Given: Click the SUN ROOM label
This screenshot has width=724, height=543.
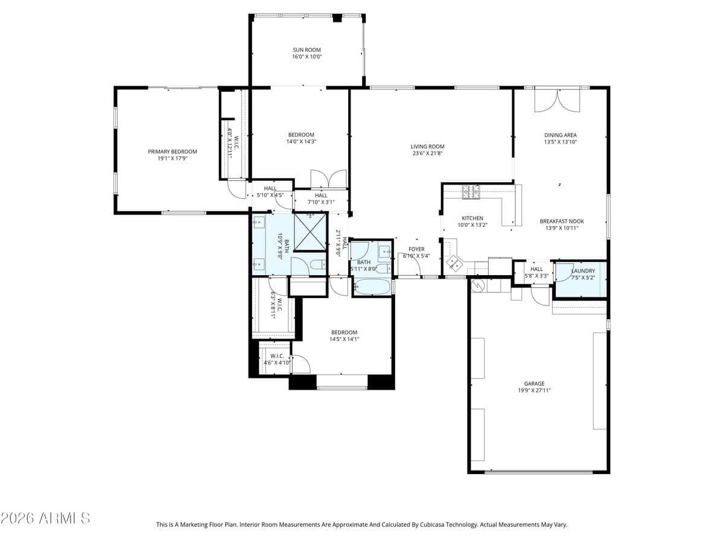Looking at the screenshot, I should coord(306,50).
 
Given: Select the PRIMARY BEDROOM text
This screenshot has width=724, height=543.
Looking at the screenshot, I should coord(173,152).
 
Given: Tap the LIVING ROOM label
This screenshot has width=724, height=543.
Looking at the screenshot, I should coord(427,147).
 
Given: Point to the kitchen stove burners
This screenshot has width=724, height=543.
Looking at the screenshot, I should coord(471,192).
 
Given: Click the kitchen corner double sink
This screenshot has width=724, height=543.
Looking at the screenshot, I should coord(454,263).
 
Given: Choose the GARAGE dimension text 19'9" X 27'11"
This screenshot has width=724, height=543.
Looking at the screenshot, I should coord(534,390).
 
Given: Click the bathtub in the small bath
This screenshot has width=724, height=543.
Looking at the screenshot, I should coord(372,287).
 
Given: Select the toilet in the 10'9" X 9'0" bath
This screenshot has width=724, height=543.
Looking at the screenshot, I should coord(316,264).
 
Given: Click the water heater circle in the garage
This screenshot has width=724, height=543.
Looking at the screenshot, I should coord(478,285).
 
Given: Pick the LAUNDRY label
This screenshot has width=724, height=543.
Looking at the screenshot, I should coord(583,271).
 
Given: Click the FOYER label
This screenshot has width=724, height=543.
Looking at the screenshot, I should coord(416,249).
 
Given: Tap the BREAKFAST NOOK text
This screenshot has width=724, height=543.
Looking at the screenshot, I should coord(561,221).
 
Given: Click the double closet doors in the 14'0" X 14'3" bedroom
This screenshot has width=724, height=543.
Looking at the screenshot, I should coord(328,180).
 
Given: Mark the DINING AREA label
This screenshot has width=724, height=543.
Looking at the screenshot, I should coord(561,135).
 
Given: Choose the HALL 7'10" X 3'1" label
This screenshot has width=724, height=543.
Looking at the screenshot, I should coord(321,195).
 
